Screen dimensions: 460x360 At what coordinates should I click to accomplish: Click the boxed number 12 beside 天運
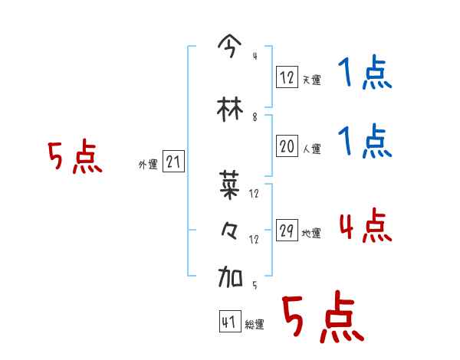[x=287, y=77]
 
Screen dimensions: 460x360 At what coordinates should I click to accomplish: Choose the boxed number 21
[x=173, y=162]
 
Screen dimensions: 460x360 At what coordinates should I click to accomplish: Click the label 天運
[x=311, y=79]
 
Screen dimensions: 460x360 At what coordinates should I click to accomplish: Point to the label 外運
[x=147, y=164]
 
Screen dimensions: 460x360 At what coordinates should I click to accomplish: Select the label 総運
[x=255, y=324]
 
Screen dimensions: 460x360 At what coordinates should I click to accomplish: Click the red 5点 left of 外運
[x=74, y=158]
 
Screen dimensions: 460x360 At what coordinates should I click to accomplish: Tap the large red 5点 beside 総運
[x=322, y=318]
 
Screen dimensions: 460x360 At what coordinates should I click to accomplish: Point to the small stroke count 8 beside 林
[x=255, y=117]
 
